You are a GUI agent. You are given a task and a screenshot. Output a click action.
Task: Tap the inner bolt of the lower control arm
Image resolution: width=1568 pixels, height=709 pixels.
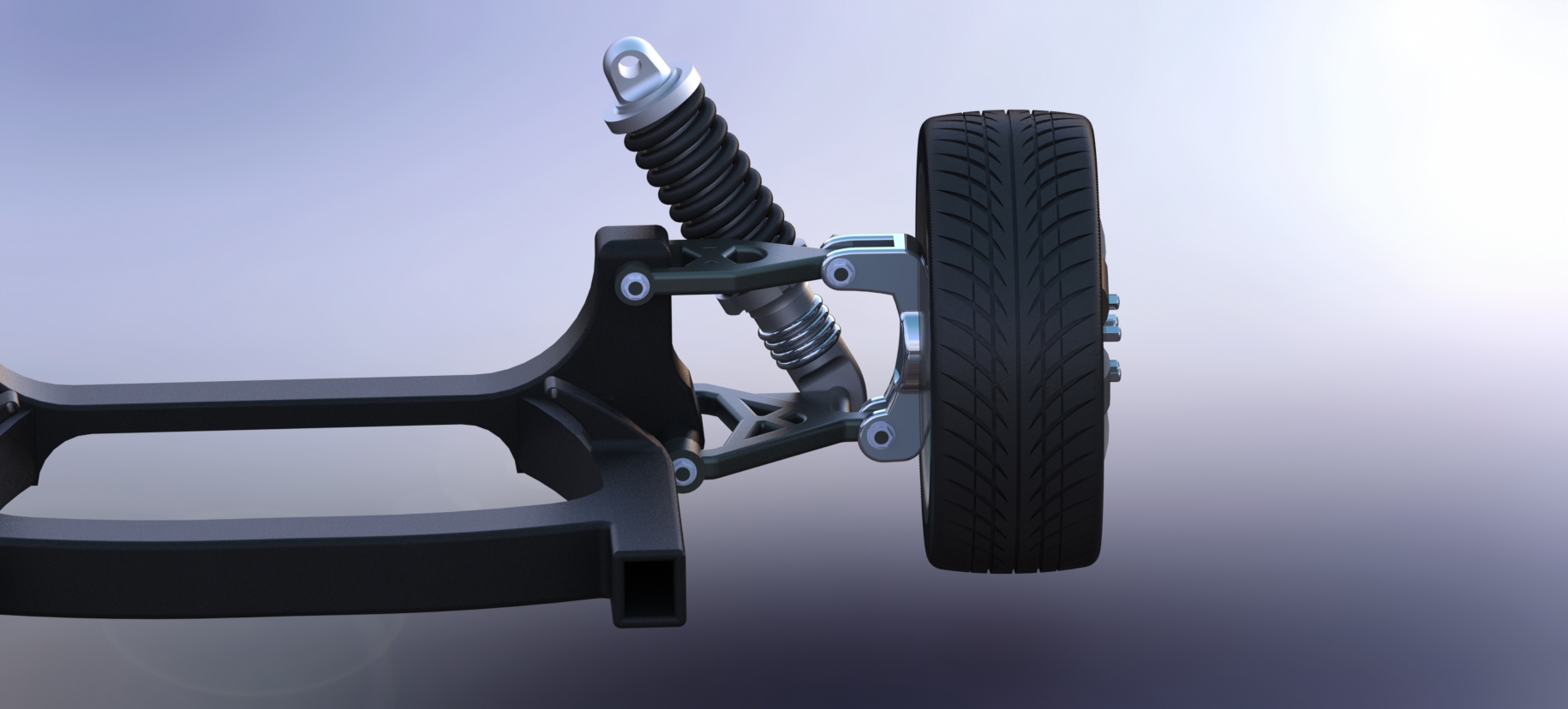point(685,469)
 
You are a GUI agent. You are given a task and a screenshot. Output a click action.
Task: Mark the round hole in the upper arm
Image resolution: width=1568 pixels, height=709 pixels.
point(748,253)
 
